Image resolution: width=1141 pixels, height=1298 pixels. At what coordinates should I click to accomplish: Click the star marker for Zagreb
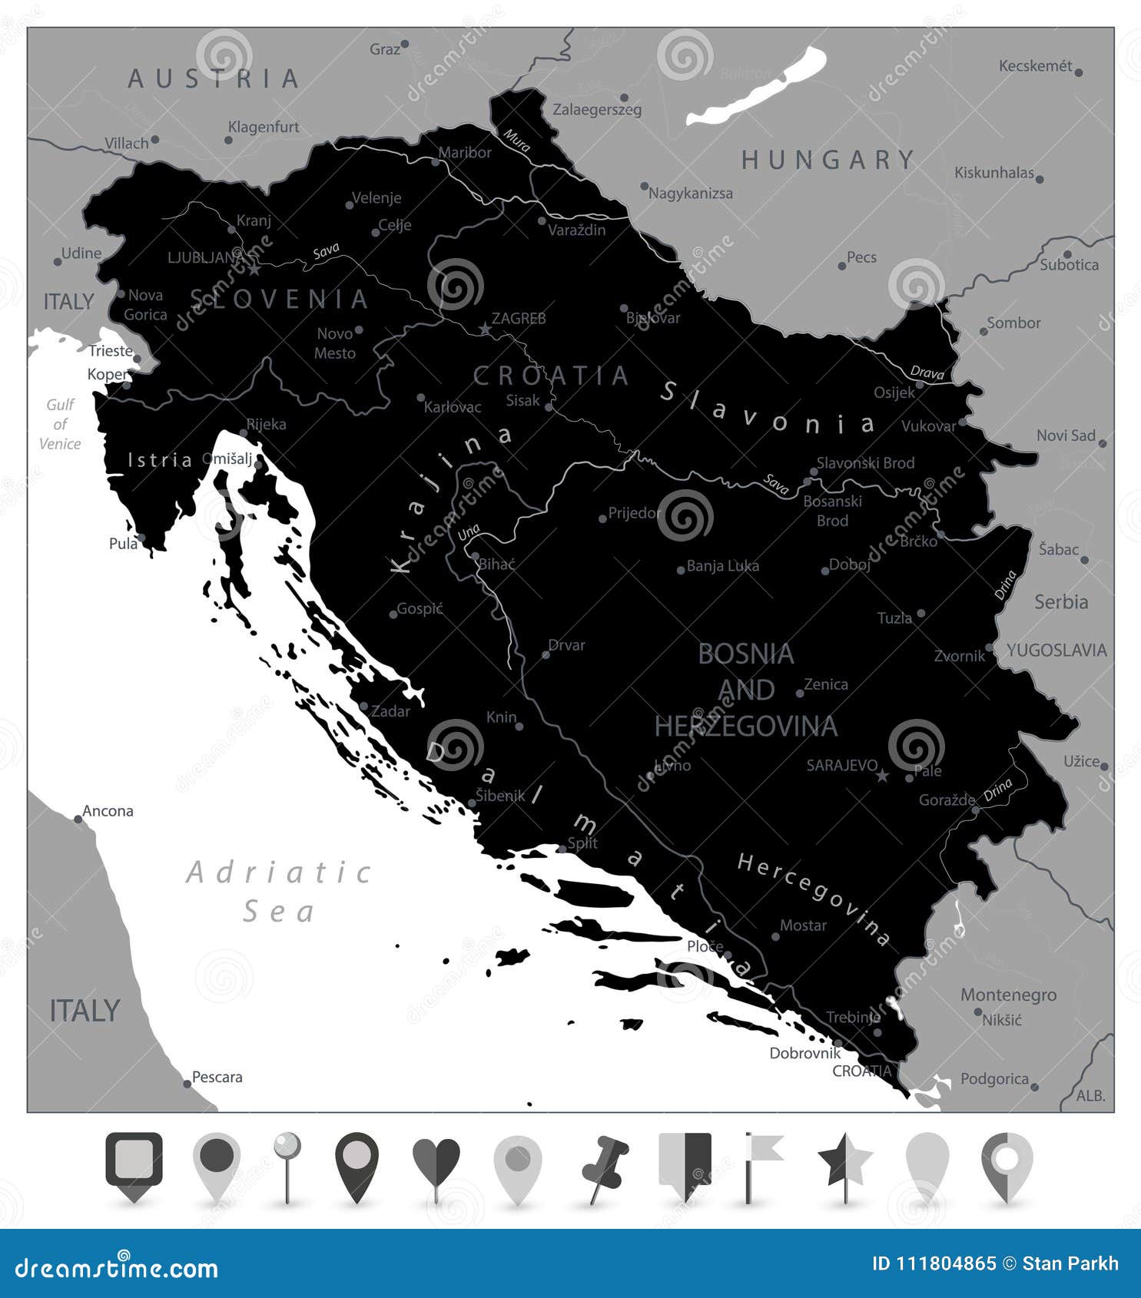pyautogui.click(x=485, y=329)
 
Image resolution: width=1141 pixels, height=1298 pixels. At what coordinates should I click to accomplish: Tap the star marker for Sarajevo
pyautogui.click(x=883, y=776)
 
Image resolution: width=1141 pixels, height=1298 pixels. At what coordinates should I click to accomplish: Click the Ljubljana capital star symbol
pyautogui.click(x=254, y=269)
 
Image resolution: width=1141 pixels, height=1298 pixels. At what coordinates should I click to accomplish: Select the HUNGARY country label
pyautogui.click(x=828, y=160)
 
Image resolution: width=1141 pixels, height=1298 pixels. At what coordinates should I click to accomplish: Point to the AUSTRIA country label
pyautogui.click(x=214, y=78)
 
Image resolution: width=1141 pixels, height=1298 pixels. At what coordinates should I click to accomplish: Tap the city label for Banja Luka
pyautogui.click(x=722, y=566)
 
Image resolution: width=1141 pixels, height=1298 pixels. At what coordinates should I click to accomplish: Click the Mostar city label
pyautogui.click(x=803, y=925)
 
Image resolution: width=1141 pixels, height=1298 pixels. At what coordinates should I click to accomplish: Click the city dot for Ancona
pyautogui.click(x=78, y=820)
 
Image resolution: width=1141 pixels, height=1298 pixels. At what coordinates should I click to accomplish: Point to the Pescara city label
pyautogui.click(x=217, y=1077)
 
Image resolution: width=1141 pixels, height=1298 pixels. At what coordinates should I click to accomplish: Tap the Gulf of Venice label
pyautogui.click(x=60, y=424)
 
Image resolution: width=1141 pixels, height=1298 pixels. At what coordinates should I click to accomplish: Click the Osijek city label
pyautogui.click(x=894, y=392)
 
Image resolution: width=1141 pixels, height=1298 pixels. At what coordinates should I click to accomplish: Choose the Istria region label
pyautogui.click(x=160, y=460)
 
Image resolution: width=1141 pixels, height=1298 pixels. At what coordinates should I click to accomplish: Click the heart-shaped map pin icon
pyautogui.click(x=436, y=1161)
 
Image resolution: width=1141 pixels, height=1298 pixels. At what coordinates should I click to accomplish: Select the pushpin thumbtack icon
pyautogui.click(x=605, y=1165)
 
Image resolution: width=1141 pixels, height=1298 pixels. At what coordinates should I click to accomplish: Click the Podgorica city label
pyautogui.click(x=994, y=1079)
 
